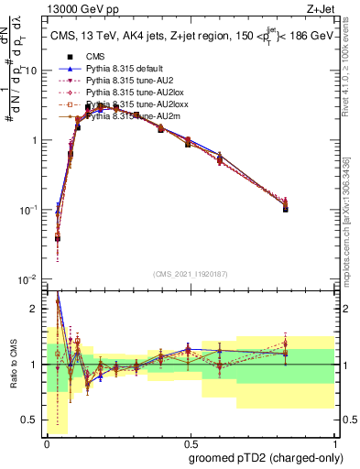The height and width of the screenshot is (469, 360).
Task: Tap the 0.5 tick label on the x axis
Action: point(191,442)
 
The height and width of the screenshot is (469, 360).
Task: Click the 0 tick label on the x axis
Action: point(47,442)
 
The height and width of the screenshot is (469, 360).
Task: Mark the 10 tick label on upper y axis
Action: point(30,71)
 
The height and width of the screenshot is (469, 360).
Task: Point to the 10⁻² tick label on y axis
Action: point(27,279)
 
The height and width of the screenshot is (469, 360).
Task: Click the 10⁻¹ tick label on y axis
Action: point(27,210)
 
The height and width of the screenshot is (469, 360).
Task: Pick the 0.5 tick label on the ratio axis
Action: point(32,421)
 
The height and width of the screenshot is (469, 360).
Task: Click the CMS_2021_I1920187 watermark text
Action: point(190,275)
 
